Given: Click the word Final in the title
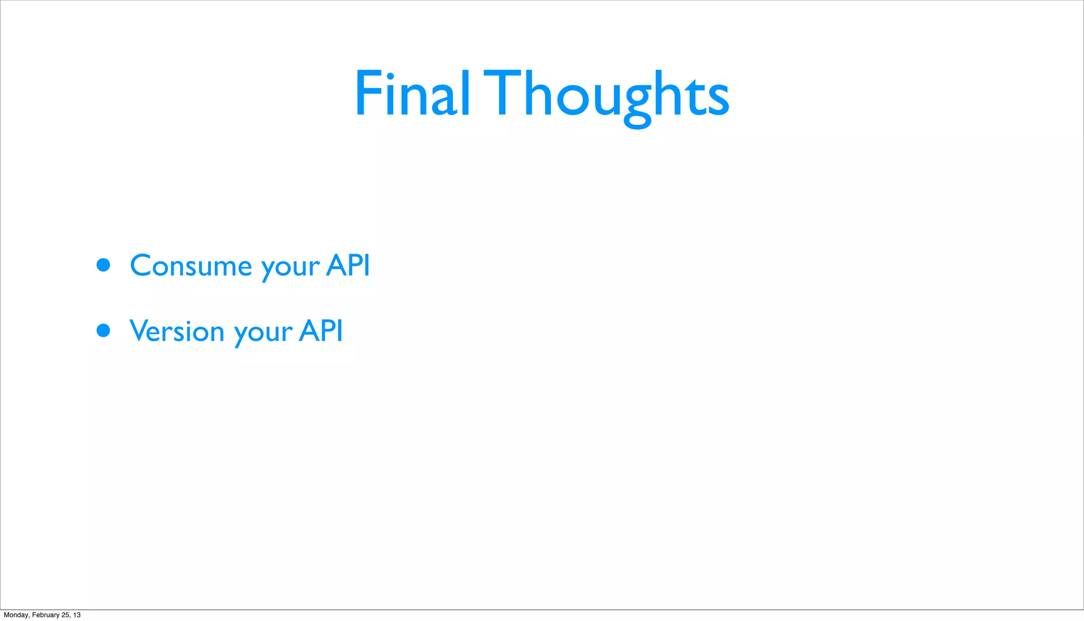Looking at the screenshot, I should [412, 93].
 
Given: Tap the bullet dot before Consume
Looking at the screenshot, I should [103, 265].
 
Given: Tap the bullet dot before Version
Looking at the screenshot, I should [103, 331].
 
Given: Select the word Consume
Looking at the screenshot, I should [191, 265].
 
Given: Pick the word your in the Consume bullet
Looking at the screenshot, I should [290, 267].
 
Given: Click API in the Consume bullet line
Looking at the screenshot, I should [348, 265].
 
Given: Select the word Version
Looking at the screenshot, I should [177, 331].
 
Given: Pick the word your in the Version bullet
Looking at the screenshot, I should [263, 334].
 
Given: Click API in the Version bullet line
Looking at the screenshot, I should [321, 331].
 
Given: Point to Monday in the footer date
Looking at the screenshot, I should [16, 615].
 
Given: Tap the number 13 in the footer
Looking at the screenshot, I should [77, 615].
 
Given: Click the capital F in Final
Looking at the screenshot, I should [368, 93].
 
